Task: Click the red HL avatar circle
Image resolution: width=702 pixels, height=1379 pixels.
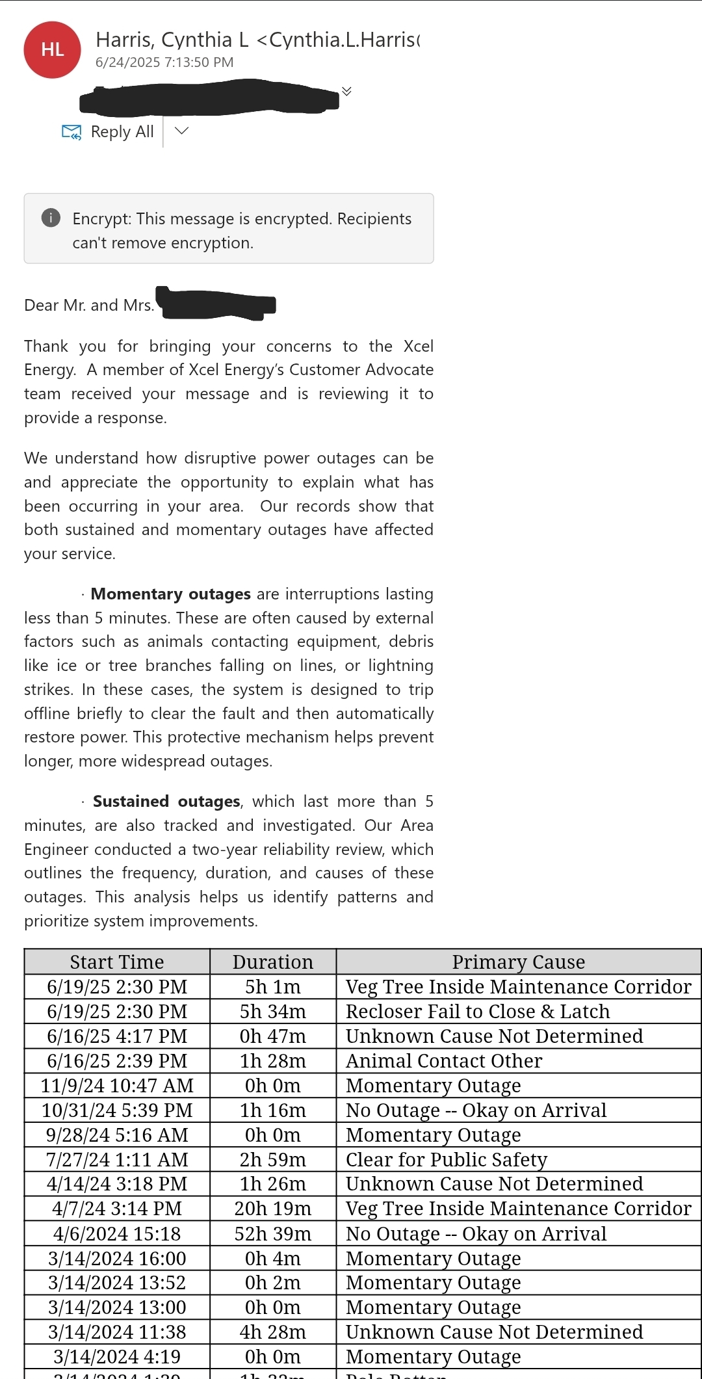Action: (x=52, y=50)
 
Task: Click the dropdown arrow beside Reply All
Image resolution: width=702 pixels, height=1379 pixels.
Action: (x=182, y=131)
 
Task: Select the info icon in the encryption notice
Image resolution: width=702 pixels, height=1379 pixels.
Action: (x=51, y=218)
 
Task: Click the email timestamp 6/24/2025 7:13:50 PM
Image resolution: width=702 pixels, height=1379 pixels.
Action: (x=164, y=62)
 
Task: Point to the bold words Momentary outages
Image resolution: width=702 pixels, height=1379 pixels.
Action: (x=170, y=594)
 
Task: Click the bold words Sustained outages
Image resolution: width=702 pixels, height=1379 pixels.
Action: (x=166, y=801)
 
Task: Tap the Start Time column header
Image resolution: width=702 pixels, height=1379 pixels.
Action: (x=117, y=962)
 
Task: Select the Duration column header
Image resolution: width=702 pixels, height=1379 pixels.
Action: (x=273, y=962)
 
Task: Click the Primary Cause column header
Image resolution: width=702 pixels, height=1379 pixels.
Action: (x=519, y=962)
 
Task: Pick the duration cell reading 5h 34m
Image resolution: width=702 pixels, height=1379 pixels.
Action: (x=273, y=1011)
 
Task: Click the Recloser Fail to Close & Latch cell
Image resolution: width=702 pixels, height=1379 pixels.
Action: (x=478, y=1011)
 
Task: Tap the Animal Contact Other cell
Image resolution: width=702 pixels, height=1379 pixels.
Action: (x=444, y=1060)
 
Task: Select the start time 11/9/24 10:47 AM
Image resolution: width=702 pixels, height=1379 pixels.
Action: (x=117, y=1085)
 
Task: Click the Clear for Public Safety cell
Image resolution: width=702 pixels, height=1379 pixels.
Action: (x=447, y=1159)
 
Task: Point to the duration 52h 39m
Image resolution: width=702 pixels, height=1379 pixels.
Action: (x=273, y=1233)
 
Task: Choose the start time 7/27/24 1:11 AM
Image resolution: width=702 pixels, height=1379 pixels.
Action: (x=117, y=1159)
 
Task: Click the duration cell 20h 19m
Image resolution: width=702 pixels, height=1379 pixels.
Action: (x=273, y=1208)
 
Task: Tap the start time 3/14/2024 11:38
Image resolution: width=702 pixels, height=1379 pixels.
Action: (x=117, y=1332)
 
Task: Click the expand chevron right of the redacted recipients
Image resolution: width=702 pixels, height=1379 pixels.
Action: (x=347, y=91)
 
